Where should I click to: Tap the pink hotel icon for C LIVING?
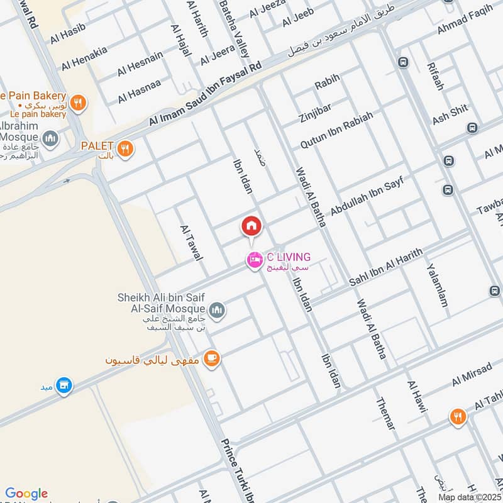[x=254, y=259]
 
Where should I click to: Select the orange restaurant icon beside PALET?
[x=126, y=149]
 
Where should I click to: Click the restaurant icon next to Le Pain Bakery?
[x=78, y=102]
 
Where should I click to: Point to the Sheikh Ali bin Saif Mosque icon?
[x=217, y=309]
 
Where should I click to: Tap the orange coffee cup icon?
[x=212, y=358]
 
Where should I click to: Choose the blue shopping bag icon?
[x=64, y=385]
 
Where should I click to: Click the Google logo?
[x=26, y=493]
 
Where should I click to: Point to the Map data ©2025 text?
[x=468, y=497]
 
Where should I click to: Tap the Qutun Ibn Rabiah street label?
[x=336, y=130]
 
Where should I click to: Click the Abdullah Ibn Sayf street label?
[x=366, y=197]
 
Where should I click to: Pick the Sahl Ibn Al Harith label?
[x=385, y=268]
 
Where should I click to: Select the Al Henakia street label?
[x=85, y=57]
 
